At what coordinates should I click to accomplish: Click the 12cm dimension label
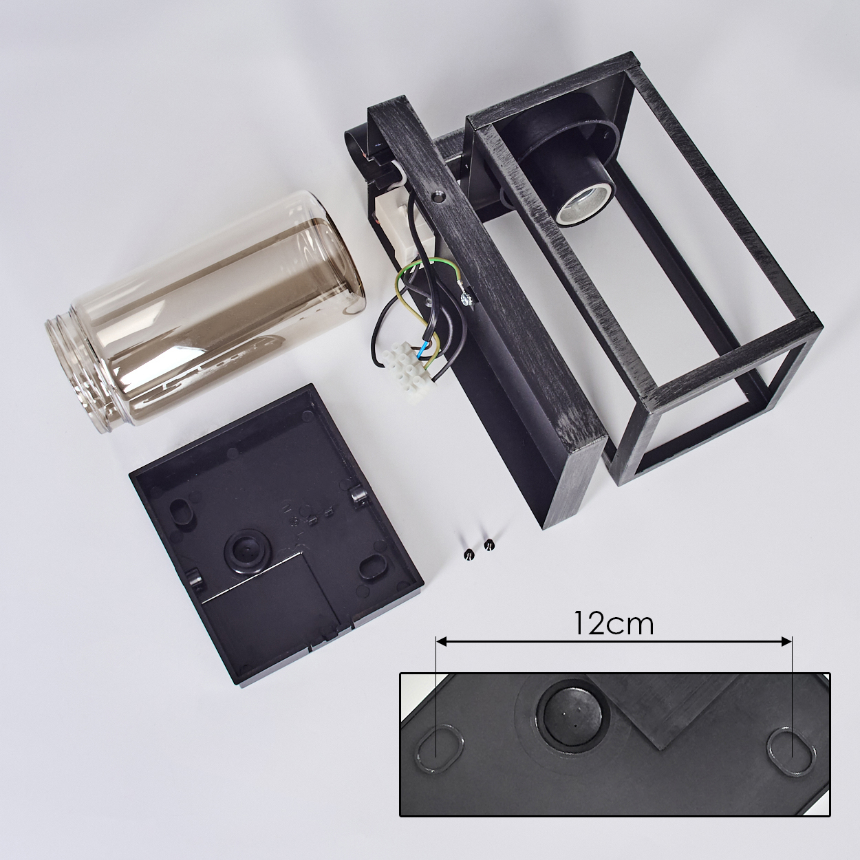point(614,623)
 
